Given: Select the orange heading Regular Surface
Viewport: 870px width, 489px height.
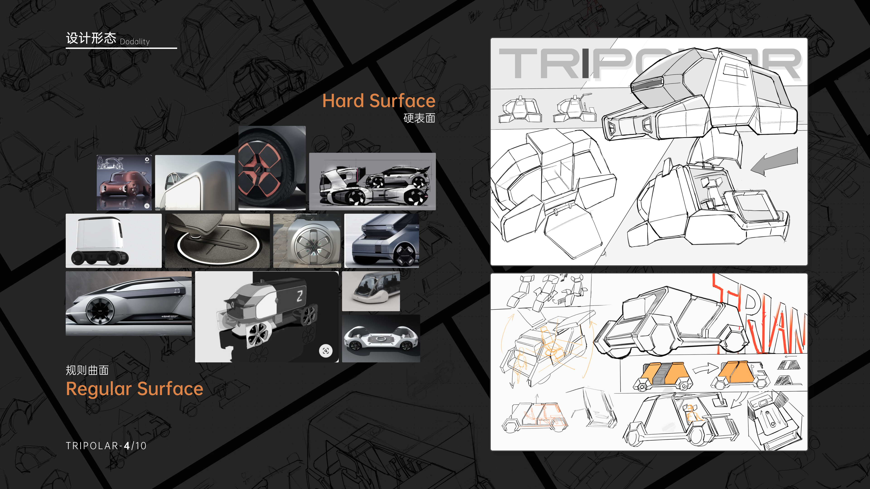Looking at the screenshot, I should click(134, 389).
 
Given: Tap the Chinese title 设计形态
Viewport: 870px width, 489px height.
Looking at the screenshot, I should click(91, 38).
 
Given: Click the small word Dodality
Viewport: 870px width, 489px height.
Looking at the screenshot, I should click(135, 42).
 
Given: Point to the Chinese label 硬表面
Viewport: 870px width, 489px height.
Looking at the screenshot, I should click(419, 118).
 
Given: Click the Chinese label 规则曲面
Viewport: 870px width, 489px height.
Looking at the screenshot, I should click(87, 370).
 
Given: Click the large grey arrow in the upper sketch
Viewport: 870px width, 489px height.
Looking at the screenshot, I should click(775, 161).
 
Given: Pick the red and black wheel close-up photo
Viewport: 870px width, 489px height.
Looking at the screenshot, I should click(272, 168).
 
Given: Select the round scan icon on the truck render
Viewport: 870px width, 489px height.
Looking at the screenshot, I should click(326, 351).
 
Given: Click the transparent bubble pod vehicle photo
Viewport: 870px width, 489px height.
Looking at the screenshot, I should click(371, 291).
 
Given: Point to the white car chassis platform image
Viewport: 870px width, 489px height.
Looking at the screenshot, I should click(381, 338).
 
